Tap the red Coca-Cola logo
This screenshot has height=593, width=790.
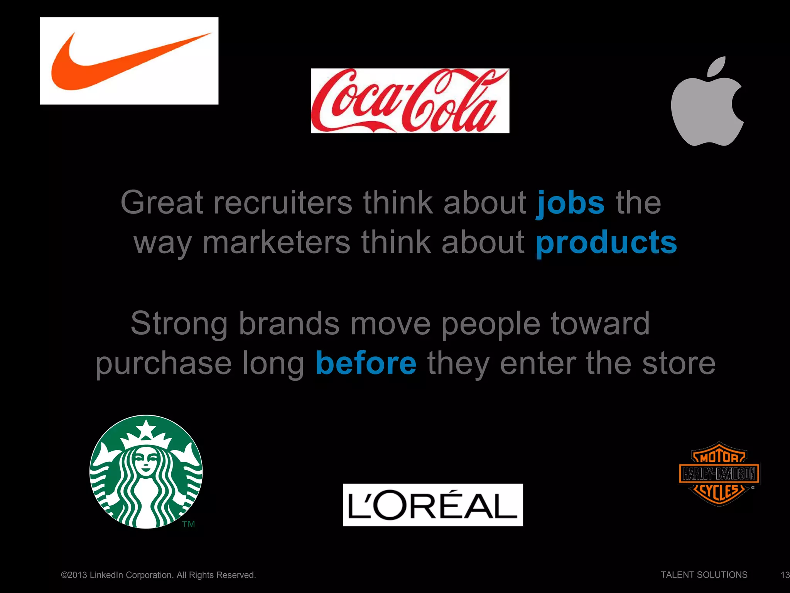pos(410,101)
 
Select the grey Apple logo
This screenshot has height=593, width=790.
pos(707,108)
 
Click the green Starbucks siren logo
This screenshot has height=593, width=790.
pos(146,471)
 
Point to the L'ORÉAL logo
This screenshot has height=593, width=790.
pos(433,505)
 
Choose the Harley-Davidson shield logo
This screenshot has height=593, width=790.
pos(719,473)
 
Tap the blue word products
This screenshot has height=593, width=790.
pos(606,242)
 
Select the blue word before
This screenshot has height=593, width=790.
pos(366,363)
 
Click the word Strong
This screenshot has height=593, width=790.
pos(179,324)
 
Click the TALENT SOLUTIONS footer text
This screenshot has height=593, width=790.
pos(704,575)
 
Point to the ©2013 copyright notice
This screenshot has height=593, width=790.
pos(158,575)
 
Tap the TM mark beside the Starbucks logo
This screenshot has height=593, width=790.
pos(189,524)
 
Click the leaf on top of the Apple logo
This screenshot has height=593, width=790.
pos(717,66)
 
